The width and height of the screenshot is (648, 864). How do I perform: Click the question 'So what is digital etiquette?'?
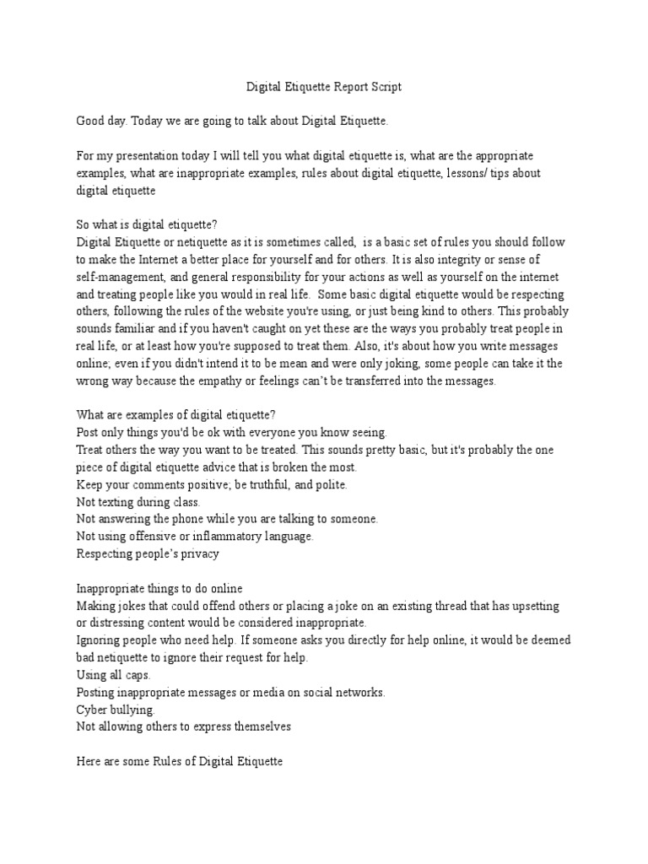146,226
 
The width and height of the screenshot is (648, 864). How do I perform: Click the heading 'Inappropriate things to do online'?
159,588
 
